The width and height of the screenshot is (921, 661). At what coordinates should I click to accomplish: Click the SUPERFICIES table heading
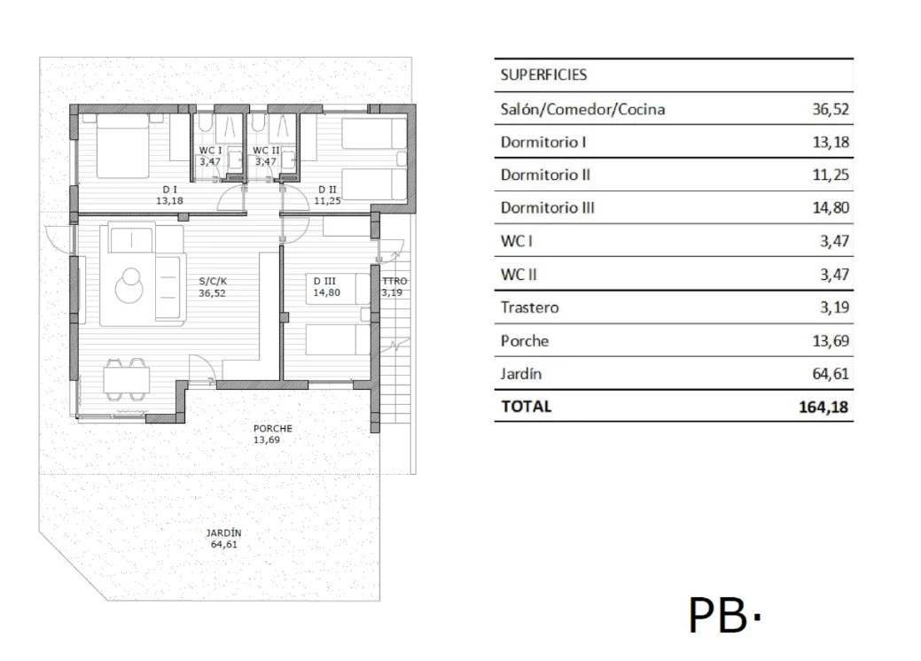tap(543, 75)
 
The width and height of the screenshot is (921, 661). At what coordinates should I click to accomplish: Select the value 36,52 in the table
tap(830, 109)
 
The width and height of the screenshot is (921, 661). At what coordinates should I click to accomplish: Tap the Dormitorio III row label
tap(547, 208)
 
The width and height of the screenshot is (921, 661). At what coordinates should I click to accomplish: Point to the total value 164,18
tap(823, 407)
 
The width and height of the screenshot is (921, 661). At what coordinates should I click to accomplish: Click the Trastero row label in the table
tap(529, 307)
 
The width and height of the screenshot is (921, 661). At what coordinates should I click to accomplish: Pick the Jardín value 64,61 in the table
tap(830, 374)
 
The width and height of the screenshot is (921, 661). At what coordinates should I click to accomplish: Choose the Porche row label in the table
tap(524, 341)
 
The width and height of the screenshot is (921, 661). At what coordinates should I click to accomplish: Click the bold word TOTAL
tap(526, 407)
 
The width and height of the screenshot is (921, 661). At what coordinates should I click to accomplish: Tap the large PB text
tap(719, 615)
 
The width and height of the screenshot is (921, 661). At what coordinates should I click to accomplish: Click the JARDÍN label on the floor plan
tap(223, 533)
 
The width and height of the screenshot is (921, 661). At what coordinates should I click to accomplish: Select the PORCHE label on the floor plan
tap(272, 429)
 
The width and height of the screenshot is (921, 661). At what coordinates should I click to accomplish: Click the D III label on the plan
tap(324, 281)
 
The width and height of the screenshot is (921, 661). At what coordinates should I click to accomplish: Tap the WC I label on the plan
tap(210, 151)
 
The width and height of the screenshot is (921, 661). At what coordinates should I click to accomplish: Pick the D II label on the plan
tap(327, 189)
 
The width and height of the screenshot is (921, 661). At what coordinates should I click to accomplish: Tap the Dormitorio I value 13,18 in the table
tap(830, 142)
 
